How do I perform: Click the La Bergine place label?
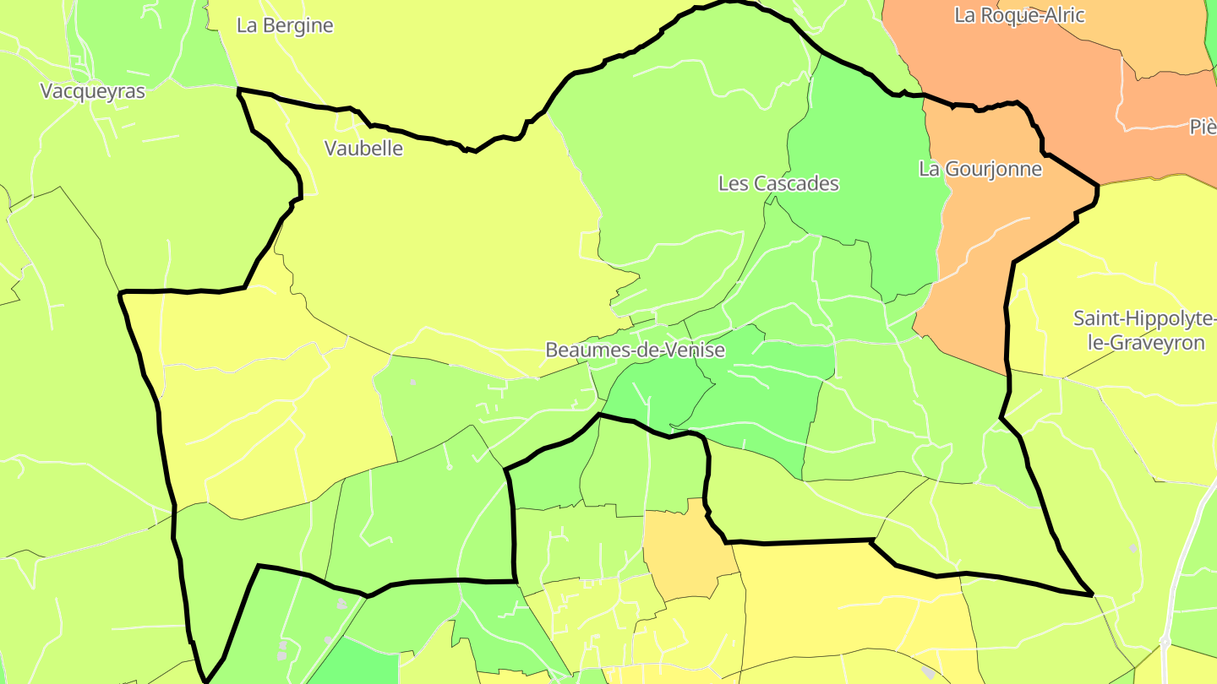click(285, 25)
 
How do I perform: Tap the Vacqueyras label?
click(93, 91)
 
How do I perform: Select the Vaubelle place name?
click(363, 149)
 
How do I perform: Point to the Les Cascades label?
click(778, 183)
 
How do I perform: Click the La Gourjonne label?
click(980, 169)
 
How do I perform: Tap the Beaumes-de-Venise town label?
click(635, 350)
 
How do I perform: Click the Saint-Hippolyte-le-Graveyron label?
click(1145, 331)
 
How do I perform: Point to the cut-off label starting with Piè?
click(1203, 127)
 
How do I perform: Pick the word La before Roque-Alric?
click(964, 14)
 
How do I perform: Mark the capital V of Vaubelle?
click(330, 149)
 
